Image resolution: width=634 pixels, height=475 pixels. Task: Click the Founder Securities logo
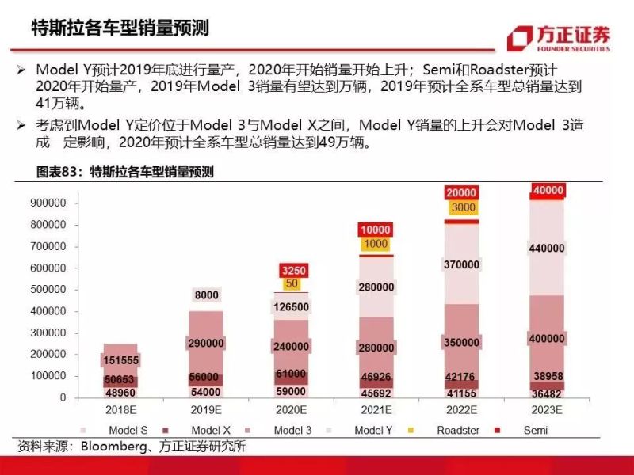(560, 37)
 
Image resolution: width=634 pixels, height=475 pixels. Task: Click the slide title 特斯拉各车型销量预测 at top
(120, 28)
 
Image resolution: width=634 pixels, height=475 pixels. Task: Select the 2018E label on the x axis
(121, 410)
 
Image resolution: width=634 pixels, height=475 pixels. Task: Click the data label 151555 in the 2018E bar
(121, 361)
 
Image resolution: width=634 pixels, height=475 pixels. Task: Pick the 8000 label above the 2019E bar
(206, 295)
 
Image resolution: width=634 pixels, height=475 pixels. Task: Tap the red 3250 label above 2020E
(292, 269)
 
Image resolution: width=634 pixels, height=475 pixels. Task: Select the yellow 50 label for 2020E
(292, 283)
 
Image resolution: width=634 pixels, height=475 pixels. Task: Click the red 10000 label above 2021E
(376, 230)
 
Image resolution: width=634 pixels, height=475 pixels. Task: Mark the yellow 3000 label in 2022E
(462, 207)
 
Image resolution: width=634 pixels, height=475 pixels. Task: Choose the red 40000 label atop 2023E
(548, 191)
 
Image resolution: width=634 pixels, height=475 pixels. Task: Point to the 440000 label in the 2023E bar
(548, 248)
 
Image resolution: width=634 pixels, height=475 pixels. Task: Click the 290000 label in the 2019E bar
(206, 344)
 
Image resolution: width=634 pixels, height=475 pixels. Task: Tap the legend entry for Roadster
(450, 430)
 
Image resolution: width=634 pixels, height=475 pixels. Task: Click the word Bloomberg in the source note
(111, 446)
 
